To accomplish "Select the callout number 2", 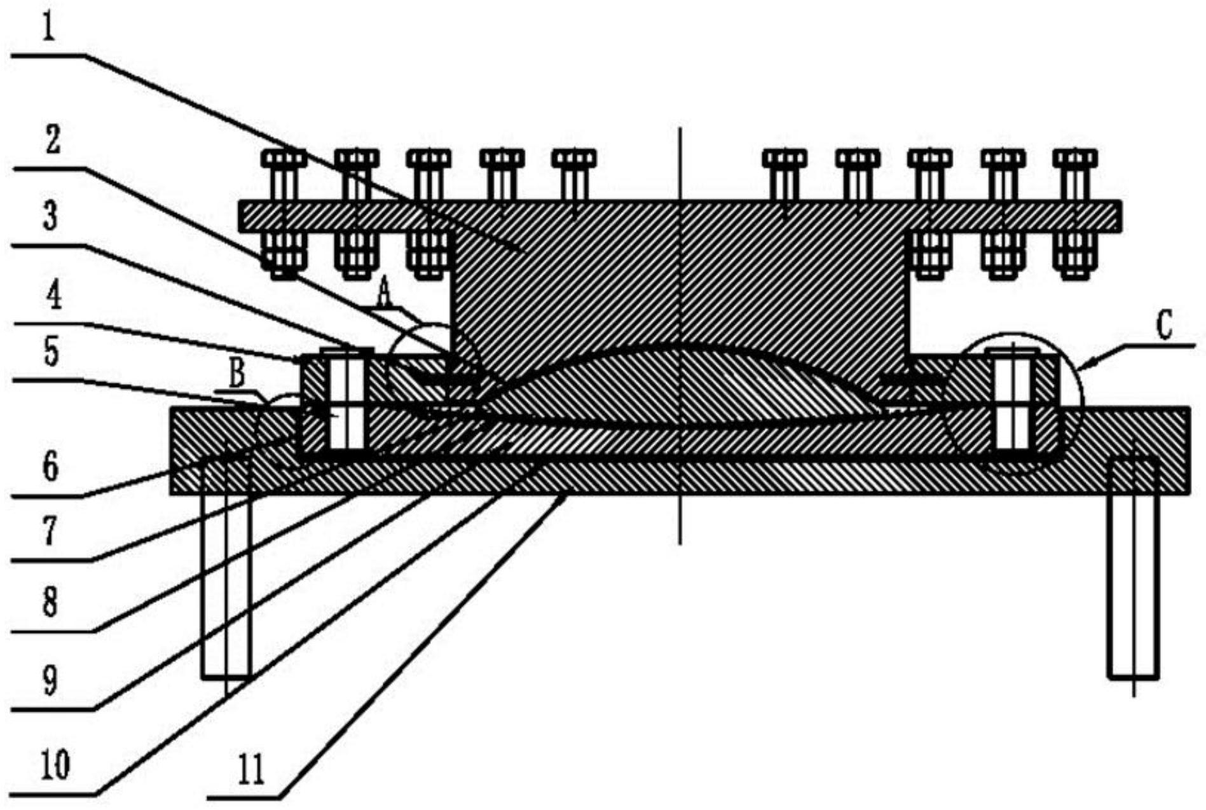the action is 52,140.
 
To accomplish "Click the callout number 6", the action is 51,467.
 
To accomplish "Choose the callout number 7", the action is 51,531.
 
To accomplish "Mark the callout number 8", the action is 51,602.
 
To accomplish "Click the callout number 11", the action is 249,771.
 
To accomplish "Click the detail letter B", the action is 236,375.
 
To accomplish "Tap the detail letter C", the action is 1163,327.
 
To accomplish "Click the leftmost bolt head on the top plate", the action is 284,158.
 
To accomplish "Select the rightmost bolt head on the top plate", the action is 1075,158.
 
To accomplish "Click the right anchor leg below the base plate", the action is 1133,569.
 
